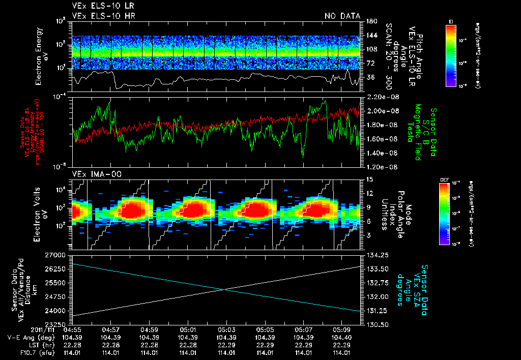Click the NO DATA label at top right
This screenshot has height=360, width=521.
point(342,16)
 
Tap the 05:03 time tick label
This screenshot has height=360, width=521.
point(226,329)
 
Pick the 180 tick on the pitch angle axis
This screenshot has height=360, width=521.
point(371,21)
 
